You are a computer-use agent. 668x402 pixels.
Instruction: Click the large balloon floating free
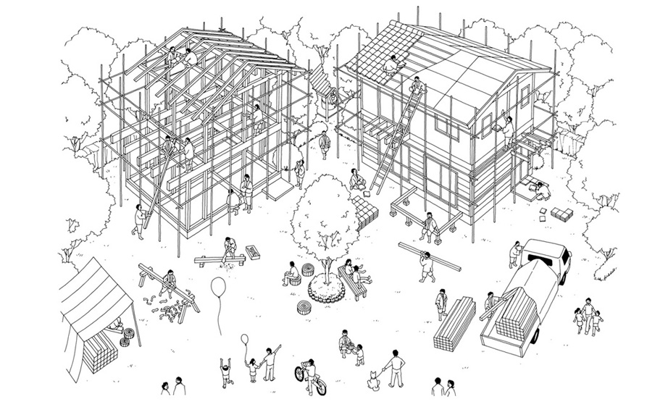[x=218, y=287]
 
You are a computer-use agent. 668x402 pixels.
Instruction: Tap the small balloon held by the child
[x=245, y=338]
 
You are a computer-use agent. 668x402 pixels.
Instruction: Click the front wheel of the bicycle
[x=300, y=374]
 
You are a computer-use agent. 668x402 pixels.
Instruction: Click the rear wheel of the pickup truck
[x=534, y=335]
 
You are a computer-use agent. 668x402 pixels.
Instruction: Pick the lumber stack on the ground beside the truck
[x=454, y=322]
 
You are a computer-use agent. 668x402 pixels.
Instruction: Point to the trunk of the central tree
[x=327, y=272]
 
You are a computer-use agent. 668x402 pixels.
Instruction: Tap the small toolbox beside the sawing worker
[x=254, y=252]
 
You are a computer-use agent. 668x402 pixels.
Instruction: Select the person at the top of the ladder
[x=416, y=86]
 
